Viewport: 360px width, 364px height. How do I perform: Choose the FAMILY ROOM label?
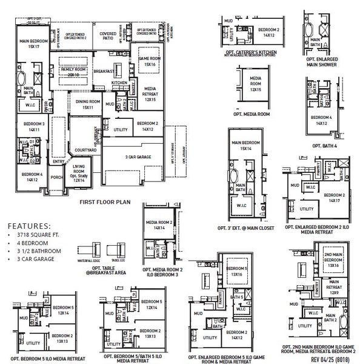tap(71, 70)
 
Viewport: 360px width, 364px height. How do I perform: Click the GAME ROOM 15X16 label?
tap(150, 61)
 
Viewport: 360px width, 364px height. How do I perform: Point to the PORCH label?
tap(58, 177)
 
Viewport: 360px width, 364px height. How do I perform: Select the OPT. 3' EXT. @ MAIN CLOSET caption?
tap(249, 227)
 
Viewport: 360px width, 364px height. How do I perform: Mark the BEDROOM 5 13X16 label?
tap(233, 271)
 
